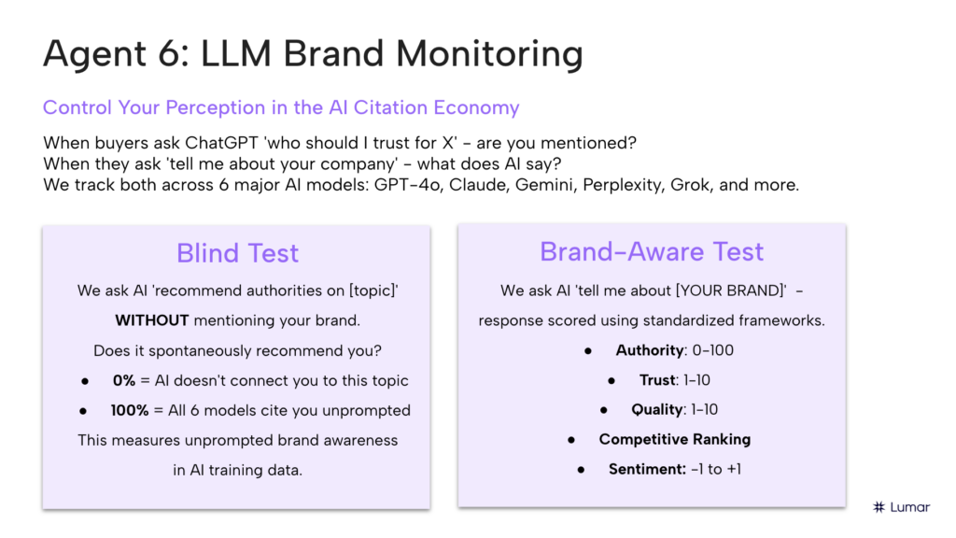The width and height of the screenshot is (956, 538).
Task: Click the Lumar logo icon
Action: click(879, 507)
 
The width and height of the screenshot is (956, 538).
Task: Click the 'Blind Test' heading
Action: click(237, 253)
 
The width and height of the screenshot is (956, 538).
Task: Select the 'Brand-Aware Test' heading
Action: click(652, 251)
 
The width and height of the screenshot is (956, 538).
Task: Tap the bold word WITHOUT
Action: click(151, 320)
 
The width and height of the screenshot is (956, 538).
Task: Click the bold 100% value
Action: click(130, 410)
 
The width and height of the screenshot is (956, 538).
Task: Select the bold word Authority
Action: click(649, 351)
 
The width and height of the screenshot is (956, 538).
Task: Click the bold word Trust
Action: click(657, 380)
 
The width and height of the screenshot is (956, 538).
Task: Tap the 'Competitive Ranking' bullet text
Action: click(674, 439)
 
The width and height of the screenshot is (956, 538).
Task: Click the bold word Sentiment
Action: click(647, 469)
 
